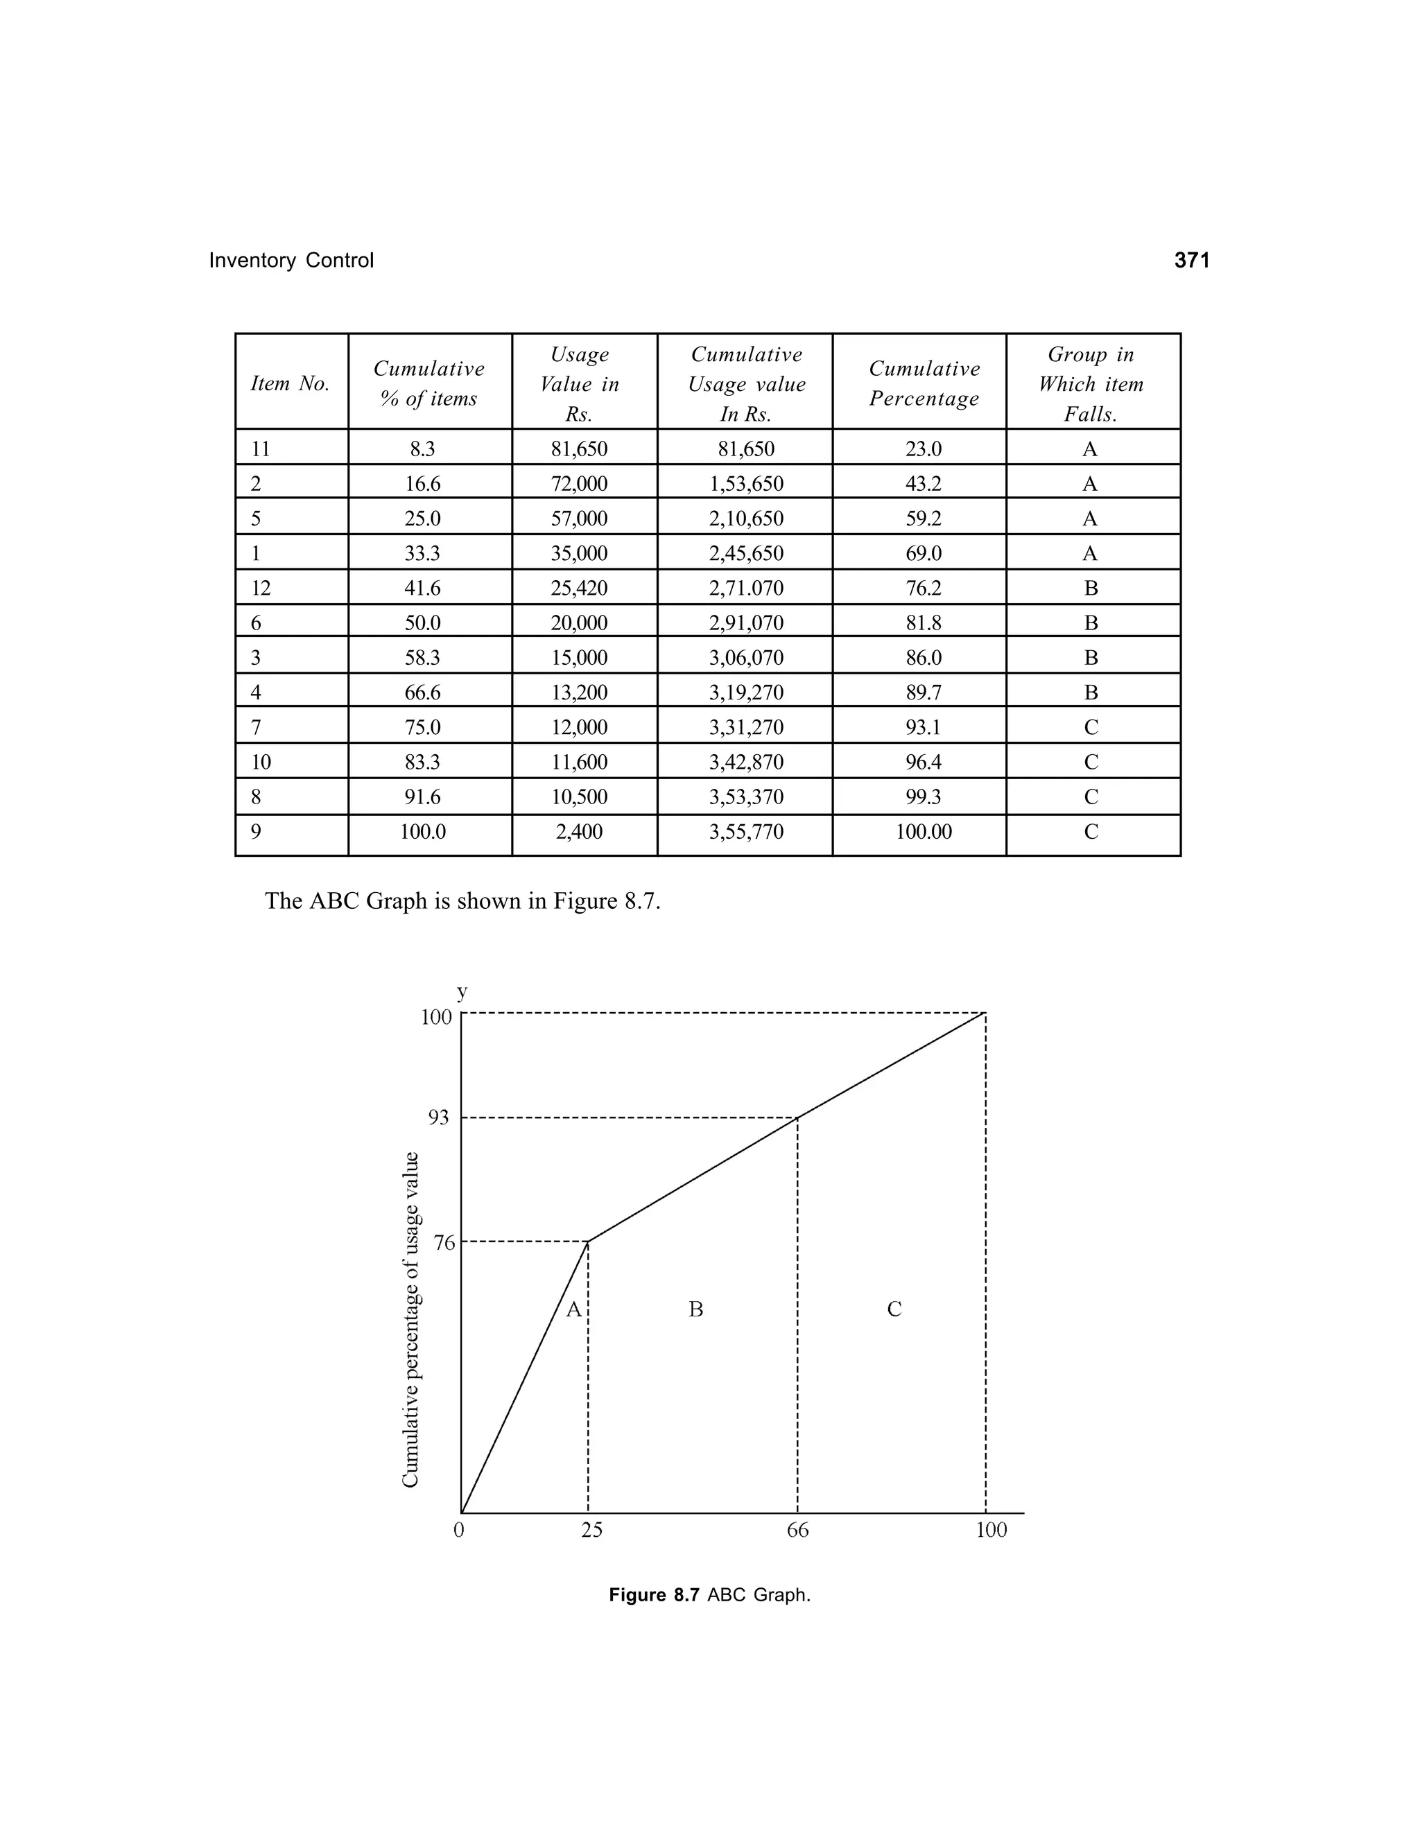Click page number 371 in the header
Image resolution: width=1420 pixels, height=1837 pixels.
tap(1191, 261)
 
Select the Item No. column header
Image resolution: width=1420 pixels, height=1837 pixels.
tap(291, 383)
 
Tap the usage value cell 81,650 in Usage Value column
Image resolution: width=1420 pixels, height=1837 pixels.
tap(579, 449)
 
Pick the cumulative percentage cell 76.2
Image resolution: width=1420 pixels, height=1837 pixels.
tap(923, 588)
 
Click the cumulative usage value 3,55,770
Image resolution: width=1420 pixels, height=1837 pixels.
tap(745, 832)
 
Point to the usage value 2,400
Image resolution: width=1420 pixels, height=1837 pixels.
tap(579, 832)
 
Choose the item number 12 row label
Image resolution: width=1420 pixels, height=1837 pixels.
tap(261, 588)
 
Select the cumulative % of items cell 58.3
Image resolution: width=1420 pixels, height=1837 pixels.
tap(422, 658)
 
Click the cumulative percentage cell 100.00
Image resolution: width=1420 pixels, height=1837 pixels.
tap(923, 832)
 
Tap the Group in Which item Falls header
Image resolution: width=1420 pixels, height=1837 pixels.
tap(1091, 383)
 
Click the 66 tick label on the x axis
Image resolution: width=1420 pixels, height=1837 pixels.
tap(797, 1530)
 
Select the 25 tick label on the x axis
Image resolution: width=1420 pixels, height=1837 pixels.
tap(591, 1530)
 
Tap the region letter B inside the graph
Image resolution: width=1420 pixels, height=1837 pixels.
tap(695, 1309)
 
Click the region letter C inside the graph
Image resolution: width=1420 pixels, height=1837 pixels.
tap(894, 1309)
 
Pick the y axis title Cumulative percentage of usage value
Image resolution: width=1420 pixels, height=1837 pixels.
tap(410, 1320)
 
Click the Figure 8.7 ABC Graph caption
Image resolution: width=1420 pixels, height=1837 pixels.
tap(709, 1596)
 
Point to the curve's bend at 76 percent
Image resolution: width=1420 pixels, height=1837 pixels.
tap(588, 1242)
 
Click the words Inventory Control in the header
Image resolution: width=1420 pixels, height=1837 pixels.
tap(291, 261)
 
